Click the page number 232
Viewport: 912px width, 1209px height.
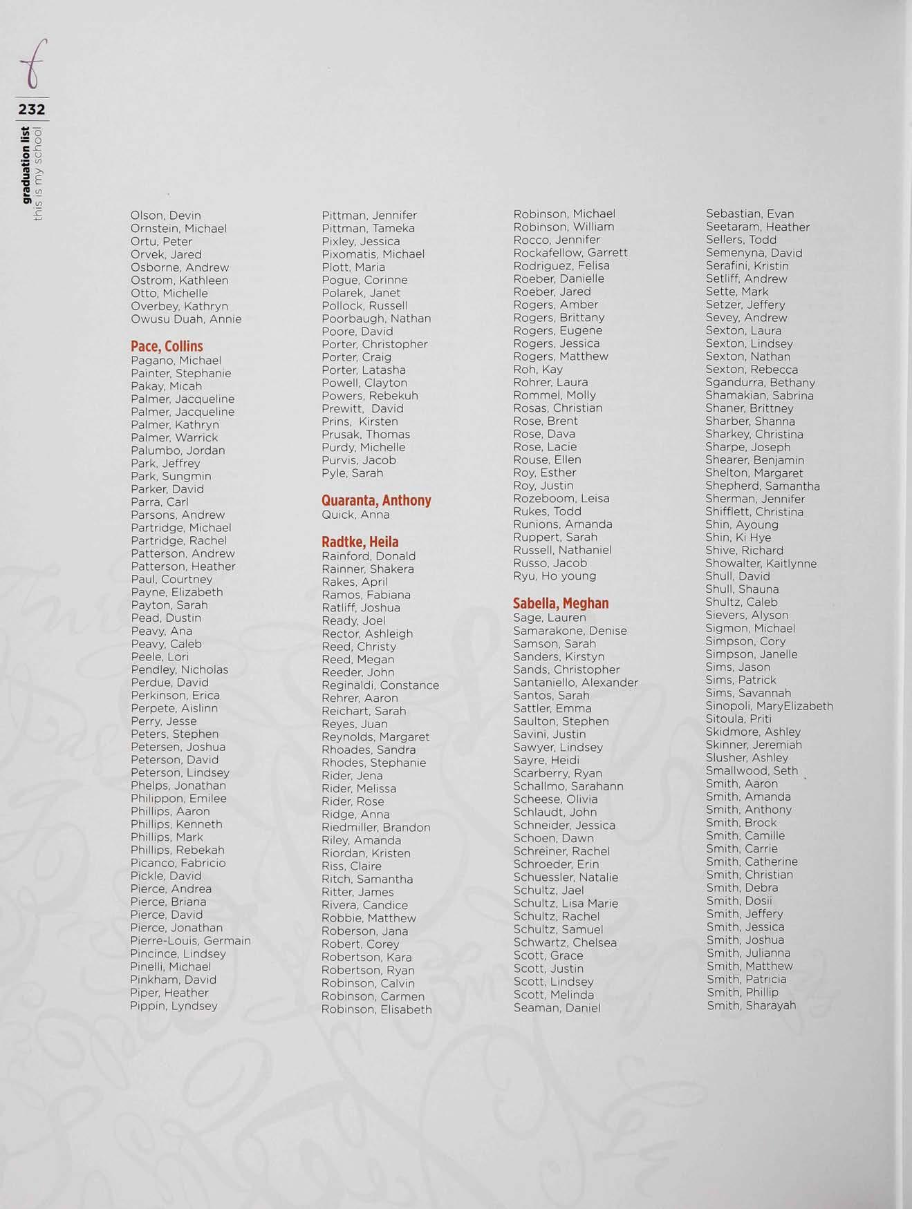32,109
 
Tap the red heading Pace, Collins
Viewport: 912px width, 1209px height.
167,346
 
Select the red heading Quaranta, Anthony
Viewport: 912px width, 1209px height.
376,500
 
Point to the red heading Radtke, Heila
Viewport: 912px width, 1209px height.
360,542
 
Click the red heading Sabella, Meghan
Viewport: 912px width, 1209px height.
561,603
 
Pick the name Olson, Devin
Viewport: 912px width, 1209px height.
165,216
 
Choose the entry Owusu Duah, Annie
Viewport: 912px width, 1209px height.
186,319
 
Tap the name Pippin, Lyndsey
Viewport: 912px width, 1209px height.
174,1006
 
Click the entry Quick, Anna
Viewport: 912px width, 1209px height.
355,515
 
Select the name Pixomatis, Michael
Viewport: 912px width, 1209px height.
373,254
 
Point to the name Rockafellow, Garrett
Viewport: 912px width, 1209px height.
570,253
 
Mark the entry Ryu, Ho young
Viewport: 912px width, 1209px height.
554,576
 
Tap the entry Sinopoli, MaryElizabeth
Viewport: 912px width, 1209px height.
769,706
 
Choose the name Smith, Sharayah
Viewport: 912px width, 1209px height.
751,1006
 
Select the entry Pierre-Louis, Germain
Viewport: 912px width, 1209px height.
190,941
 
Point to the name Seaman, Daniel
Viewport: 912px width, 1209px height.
557,1008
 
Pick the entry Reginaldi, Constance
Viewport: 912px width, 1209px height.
380,685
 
